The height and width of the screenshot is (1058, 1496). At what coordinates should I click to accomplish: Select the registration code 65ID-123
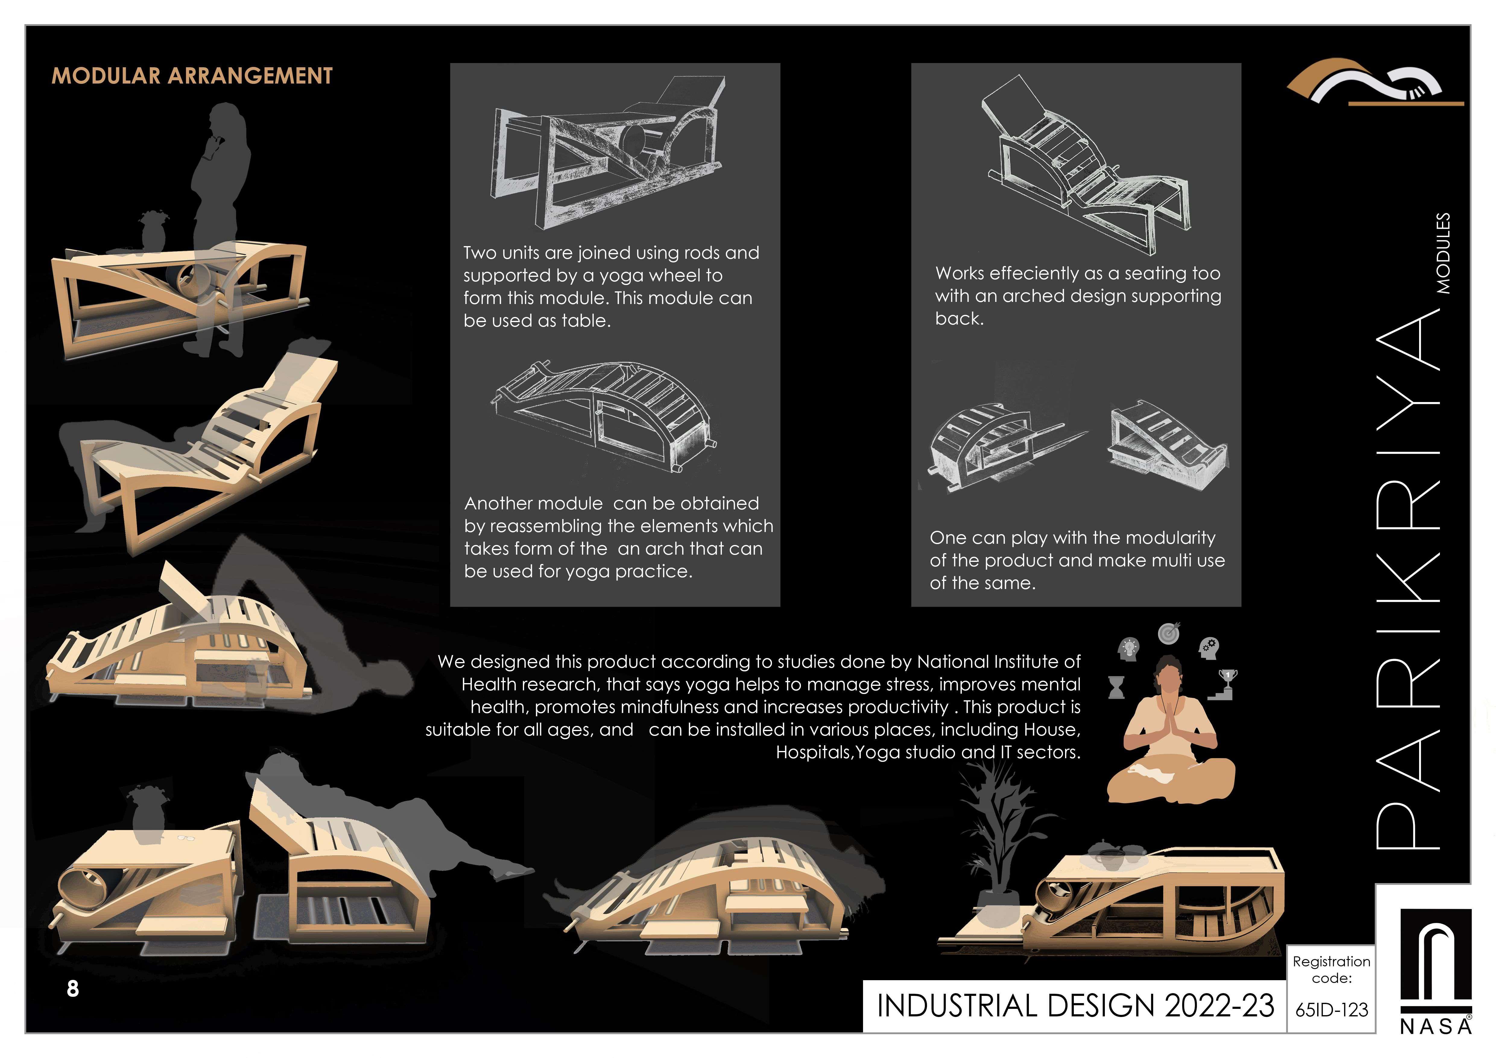[x=1331, y=1010]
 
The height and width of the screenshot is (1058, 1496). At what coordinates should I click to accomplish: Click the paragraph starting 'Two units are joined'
[x=611, y=287]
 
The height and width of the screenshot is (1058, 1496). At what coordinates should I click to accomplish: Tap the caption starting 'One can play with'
[x=1077, y=560]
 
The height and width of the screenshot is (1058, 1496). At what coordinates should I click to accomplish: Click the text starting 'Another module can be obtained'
[x=618, y=537]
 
